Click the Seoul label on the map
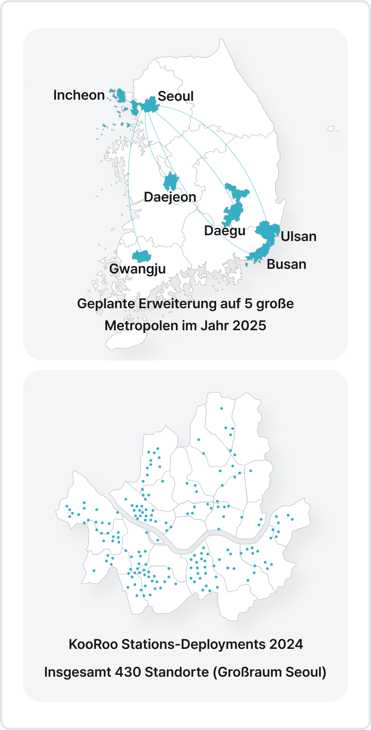point(175,96)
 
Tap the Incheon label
point(79,95)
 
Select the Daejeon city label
point(170,197)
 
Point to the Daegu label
point(225,231)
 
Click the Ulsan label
point(298,236)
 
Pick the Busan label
point(286,264)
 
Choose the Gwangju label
point(137,269)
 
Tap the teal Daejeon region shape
point(171,182)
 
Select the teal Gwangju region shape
point(141,256)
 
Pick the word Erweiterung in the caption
point(178,304)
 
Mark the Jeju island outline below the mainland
point(126,341)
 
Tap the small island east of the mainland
point(331,129)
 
